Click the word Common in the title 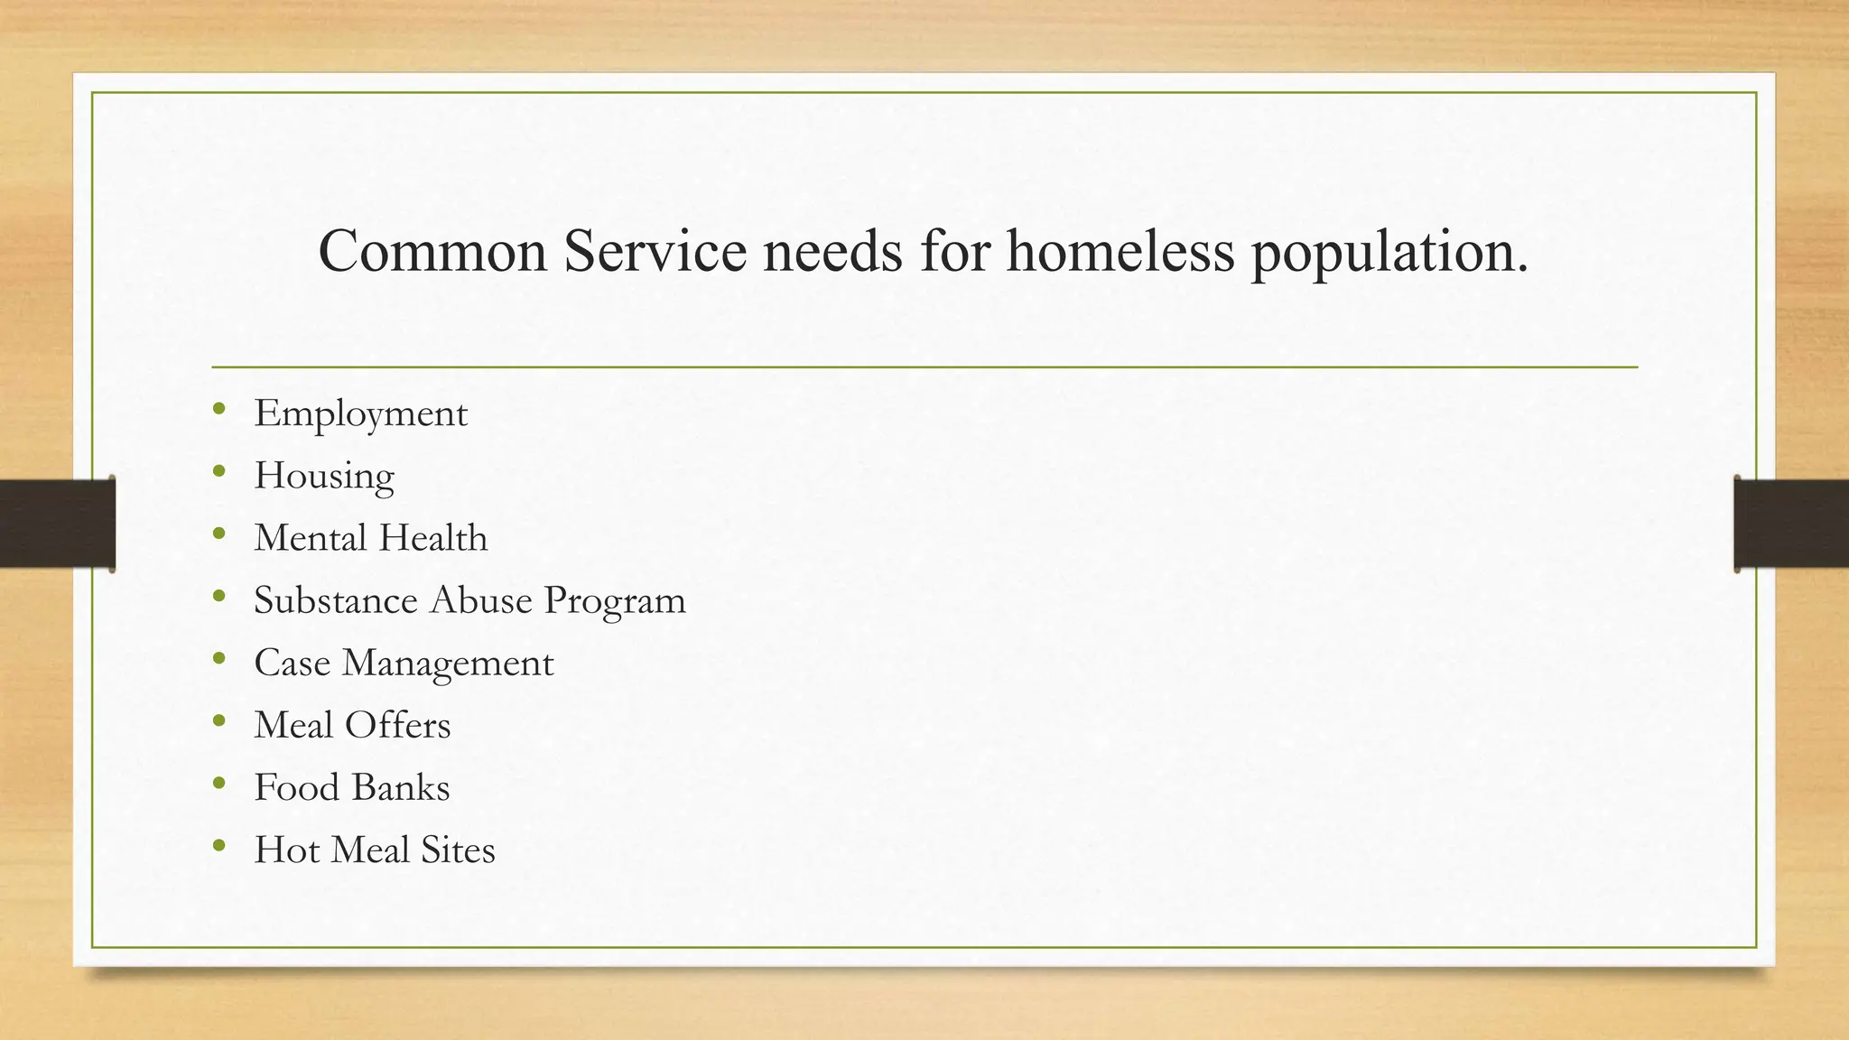pyautogui.click(x=432, y=251)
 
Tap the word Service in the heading pyautogui.click(x=655, y=251)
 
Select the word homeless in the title pyautogui.click(x=1120, y=251)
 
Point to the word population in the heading pyautogui.click(x=1389, y=253)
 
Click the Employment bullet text pyautogui.click(x=360, y=414)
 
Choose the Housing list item pyautogui.click(x=324, y=477)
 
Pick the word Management pyautogui.click(x=448, y=664)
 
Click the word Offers pyautogui.click(x=397, y=725)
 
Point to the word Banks pyautogui.click(x=402, y=787)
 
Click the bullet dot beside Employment pyautogui.click(x=219, y=409)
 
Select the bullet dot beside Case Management pyautogui.click(x=219, y=658)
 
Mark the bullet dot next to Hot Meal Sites pyautogui.click(x=219, y=845)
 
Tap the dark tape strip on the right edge pyautogui.click(x=1791, y=524)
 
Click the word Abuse pyautogui.click(x=480, y=600)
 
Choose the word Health pyautogui.click(x=433, y=538)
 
